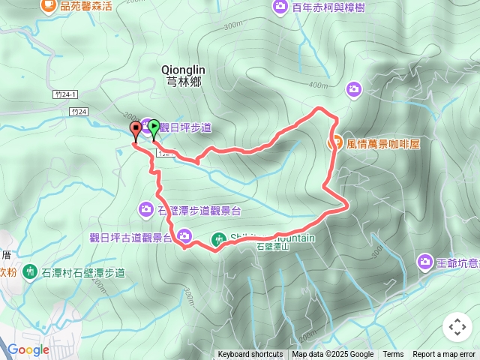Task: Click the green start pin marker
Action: [154, 127]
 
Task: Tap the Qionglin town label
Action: [183, 73]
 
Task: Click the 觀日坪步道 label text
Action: [185, 128]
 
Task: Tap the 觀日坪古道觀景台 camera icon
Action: [184, 237]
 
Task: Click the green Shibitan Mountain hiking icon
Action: [218, 239]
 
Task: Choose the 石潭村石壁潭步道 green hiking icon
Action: [29, 271]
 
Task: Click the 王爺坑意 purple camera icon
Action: [424, 262]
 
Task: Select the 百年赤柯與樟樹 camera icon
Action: [280, 7]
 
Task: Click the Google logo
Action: [28, 349]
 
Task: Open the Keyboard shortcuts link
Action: [250, 355]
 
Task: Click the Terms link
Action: [393, 355]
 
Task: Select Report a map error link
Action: [444, 355]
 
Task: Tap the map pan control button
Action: [457, 327]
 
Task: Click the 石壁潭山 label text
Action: [271, 246]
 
